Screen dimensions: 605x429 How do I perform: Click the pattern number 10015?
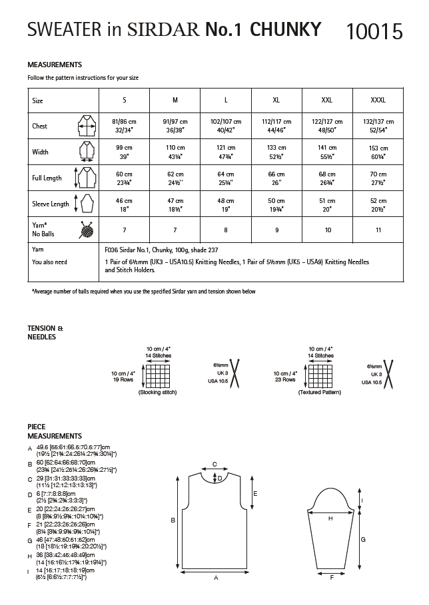374,31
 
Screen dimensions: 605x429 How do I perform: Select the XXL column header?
327,100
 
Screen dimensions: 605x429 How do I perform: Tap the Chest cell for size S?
124,126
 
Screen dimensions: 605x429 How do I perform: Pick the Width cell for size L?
226,152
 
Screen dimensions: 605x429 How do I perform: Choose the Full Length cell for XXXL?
378,178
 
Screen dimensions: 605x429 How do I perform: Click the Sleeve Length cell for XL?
276,204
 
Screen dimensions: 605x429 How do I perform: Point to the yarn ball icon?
86,229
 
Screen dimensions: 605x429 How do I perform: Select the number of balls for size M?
175,229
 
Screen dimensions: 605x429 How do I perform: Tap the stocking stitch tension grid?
159,375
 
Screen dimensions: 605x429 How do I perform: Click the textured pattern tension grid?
321,375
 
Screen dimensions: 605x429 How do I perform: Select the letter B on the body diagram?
173,520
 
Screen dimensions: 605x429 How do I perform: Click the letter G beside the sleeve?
363,540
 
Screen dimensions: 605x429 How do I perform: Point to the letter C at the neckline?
214,463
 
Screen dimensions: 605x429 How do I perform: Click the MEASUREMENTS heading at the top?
54,65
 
